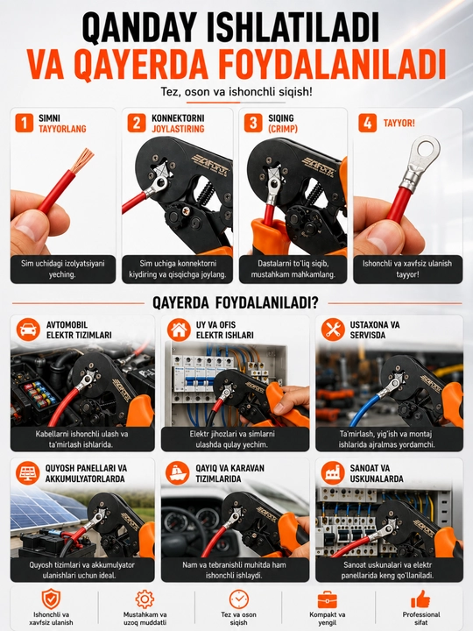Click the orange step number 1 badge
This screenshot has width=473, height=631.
[25, 123]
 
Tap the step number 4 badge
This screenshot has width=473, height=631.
[368, 123]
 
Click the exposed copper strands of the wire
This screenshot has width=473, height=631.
[82, 160]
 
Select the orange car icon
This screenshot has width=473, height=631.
[28, 330]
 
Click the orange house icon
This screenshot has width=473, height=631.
[179, 330]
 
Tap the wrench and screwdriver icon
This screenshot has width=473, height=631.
[333, 330]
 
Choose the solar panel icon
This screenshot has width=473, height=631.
[28, 473]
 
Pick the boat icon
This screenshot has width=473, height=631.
[177, 473]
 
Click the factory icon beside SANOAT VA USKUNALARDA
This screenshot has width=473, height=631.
[333, 473]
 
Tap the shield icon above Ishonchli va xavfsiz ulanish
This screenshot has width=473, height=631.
[51, 599]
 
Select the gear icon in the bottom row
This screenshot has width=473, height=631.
[145, 599]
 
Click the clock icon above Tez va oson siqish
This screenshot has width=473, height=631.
[239, 599]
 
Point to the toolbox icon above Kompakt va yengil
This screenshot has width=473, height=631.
[328, 599]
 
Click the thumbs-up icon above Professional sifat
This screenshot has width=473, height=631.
[420, 599]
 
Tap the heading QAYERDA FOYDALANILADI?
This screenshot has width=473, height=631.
[236, 302]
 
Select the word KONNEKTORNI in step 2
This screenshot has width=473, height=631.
[178, 118]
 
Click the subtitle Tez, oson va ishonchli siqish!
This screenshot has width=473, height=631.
[236, 92]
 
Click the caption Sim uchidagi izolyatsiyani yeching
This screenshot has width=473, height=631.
[63, 269]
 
